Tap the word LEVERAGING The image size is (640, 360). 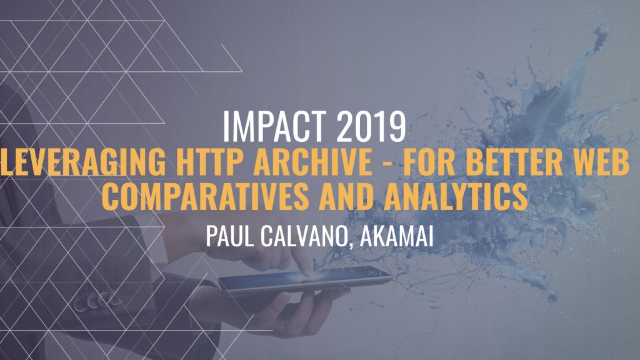click(x=83, y=162)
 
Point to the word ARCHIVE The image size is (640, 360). click(x=312, y=162)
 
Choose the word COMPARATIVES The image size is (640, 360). click(x=205, y=196)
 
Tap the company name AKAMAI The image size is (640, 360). click(x=397, y=236)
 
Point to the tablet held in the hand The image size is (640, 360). click(x=305, y=281)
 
